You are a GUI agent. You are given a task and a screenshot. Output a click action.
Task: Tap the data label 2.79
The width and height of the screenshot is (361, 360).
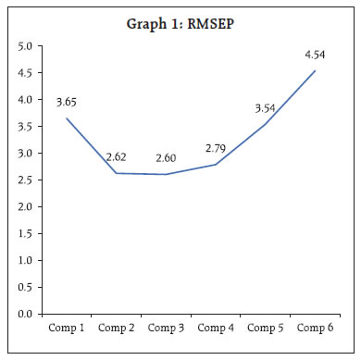tap(216, 149)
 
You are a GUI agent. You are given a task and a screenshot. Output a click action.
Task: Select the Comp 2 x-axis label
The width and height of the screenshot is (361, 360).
tap(116, 328)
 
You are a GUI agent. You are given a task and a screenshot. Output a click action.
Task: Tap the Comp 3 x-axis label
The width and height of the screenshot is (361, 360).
tap(167, 328)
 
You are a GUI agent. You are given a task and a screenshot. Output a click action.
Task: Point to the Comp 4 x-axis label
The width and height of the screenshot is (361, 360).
tap(217, 328)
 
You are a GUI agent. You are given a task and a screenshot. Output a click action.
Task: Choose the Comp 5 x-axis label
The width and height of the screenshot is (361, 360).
tap(268, 328)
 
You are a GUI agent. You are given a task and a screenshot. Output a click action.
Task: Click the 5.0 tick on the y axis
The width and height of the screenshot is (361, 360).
tap(25, 45)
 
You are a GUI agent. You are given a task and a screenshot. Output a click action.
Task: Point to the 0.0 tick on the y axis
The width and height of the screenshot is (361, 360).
tap(25, 315)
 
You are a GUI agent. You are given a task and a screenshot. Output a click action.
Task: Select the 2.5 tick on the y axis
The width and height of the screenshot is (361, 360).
tap(25, 180)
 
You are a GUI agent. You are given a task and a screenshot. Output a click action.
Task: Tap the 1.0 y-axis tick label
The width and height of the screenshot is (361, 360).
tap(25, 261)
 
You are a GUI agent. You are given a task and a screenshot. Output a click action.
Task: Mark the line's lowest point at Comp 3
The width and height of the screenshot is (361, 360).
tap(167, 174)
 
